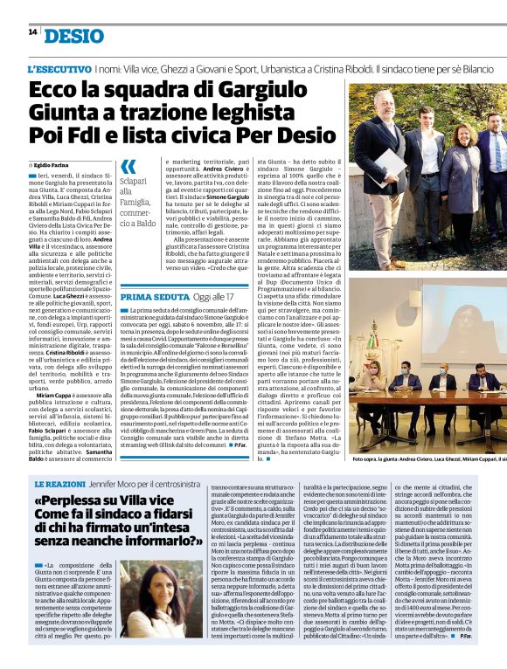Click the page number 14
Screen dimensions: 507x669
pyautogui.click(x=32, y=32)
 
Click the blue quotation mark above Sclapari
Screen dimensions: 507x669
pyautogui.click(x=128, y=167)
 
